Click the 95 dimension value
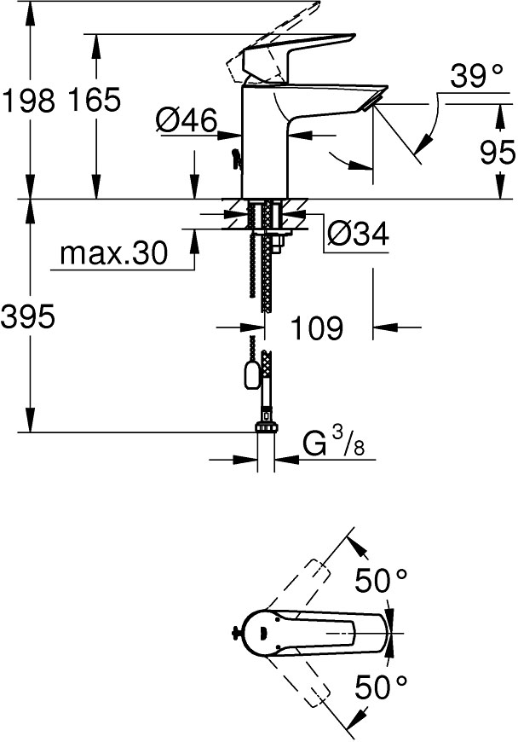tap(498, 153)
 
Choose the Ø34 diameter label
tap(358, 233)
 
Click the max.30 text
tap(114, 253)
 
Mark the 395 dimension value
tap(28, 317)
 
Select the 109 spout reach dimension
tap(317, 327)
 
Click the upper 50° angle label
tap(381, 583)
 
